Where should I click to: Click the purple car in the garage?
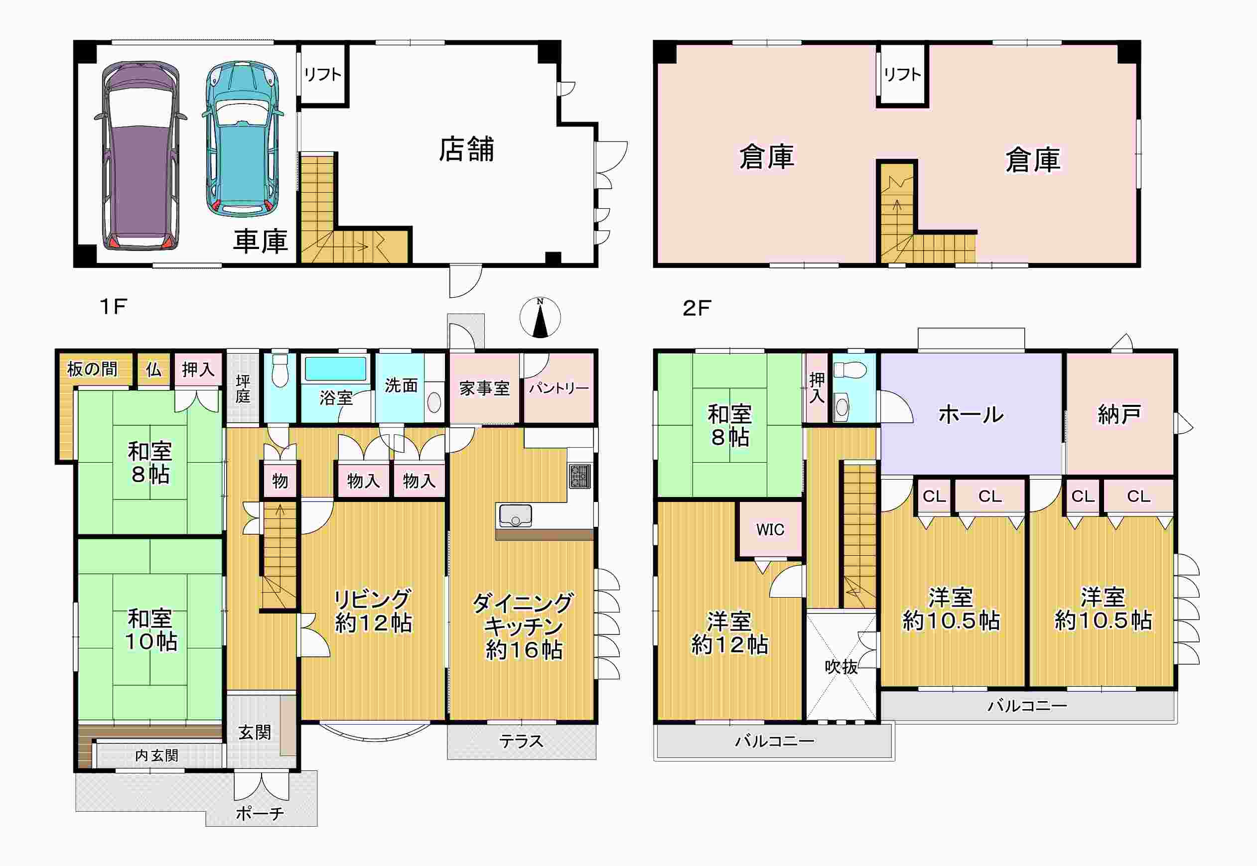click(140, 156)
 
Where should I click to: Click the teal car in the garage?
click(243, 139)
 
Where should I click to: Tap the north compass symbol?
click(540, 317)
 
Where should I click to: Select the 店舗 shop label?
click(466, 150)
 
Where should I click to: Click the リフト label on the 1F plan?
click(322, 74)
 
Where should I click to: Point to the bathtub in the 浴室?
click(335, 369)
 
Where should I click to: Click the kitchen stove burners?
click(579, 476)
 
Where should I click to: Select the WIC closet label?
click(770, 529)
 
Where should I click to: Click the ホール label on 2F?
click(971, 414)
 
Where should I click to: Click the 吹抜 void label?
click(841, 666)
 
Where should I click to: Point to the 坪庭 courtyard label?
click(243, 389)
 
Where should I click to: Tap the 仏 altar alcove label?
click(153, 370)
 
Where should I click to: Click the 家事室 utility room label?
click(484, 388)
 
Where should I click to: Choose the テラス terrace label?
click(521, 741)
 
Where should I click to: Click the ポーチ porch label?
click(260, 813)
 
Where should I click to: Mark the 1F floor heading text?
click(114, 307)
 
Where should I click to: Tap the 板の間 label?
click(92, 370)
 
